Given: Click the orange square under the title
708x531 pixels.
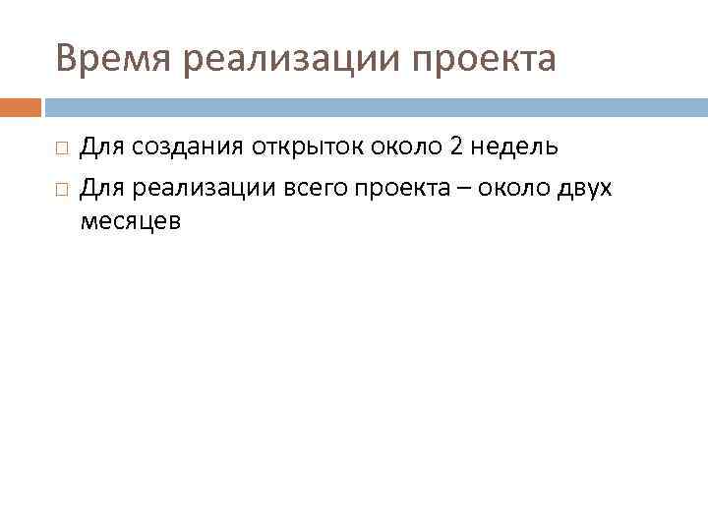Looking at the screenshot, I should pyautogui.click(x=21, y=106).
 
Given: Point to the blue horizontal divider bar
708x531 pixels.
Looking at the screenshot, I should pyautogui.click(x=374, y=106).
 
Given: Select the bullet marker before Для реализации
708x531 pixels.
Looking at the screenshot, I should pyautogui.click(x=61, y=187).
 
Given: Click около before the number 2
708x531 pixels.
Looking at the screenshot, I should pyautogui.click(x=406, y=148).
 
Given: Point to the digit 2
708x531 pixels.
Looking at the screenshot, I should pyautogui.click(x=455, y=148).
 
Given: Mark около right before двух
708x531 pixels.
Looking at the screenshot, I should pyautogui.click(x=510, y=186).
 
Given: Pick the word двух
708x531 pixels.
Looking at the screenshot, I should pyautogui.click(x=584, y=186).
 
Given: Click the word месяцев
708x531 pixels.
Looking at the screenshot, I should pyautogui.click(x=130, y=222).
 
